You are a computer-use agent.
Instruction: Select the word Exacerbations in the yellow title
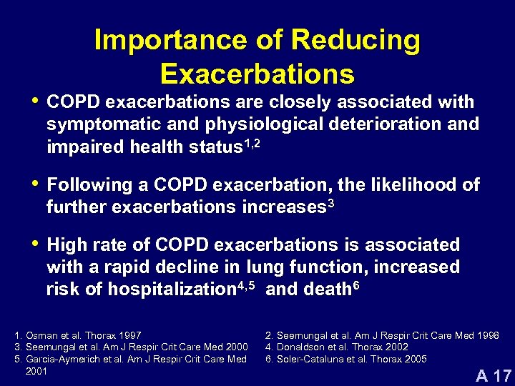[x=257, y=74]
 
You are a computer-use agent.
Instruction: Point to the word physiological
[x=263, y=124]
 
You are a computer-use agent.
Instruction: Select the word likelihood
[x=416, y=185]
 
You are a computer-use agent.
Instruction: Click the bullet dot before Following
[x=33, y=183]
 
